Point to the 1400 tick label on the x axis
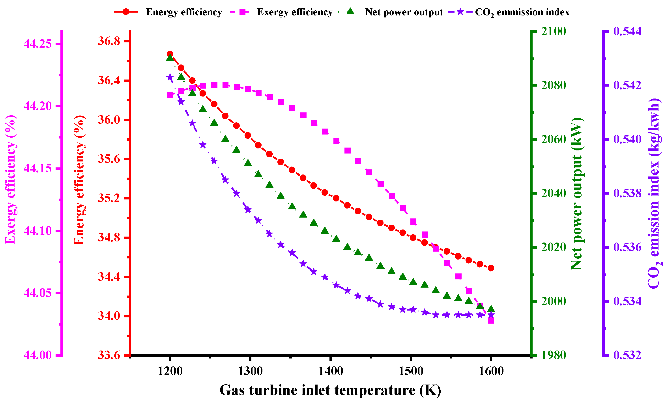pyautogui.click(x=331, y=371)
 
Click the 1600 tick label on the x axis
pyautogui.click(x=491, y=371)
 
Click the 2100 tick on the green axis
pyautogui.click(x=553, y=31)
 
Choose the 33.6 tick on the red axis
pyautogui.click(x=109, y=355)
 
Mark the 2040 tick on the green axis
pyautogui.click(x=553, y=193)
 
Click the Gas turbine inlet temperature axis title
pyautogui.click(x=330, y=390)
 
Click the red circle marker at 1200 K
pyautogui.click(x=170, y=54)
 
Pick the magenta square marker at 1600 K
pyautogui.click(x=491, y=320)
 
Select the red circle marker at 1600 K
pyautogui.click(x=491, y=268)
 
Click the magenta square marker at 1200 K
pyautogui.click(x=170, y=95)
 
